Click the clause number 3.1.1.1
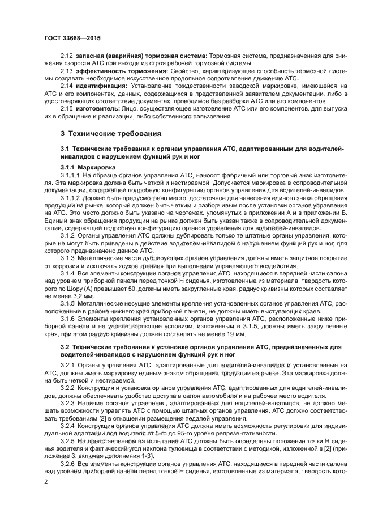click(71, 176)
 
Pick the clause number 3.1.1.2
click(71, 199)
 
